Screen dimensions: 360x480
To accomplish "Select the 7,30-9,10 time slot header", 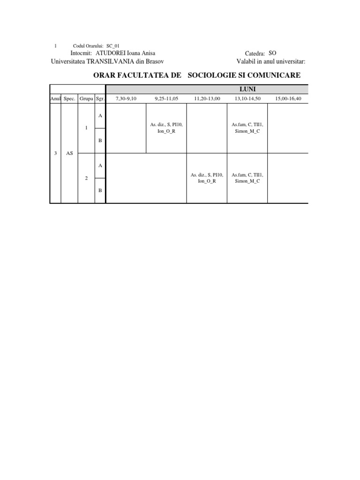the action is pyautogui.click(x=126, y=98).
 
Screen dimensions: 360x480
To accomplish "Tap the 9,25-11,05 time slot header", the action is pyautogui.click(x=166, y=98).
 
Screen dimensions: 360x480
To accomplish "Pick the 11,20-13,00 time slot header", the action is pyautogui.click(x=207, y=98).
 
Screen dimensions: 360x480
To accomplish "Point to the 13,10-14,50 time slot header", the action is pyautogui.click(x=247, y=98).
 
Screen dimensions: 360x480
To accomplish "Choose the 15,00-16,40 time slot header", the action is pyautogui.click(x=288, y=98).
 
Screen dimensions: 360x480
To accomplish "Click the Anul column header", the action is pyautogui.click(x=55, y=98).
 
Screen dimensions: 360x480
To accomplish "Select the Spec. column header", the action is pyautogui.click(x=69, y=98).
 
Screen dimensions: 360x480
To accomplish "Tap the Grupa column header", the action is pyautogui.click(x=86, y=98).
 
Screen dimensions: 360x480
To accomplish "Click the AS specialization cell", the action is pyautogui.click(x=69, y=153).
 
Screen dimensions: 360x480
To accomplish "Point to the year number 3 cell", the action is pyautogui.click(x=55, y=153).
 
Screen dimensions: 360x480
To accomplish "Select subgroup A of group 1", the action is pyautogui.click(x=100, y=115).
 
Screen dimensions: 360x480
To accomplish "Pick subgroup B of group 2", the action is pyautogui.click(x=100, y=190).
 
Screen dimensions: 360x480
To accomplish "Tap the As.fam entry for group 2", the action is pyautogui.click(x=247, y=178).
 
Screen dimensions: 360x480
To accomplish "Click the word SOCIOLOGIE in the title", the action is pyautogui.click(x=213, y=75).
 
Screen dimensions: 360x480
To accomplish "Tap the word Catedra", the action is pyautogui.click(x=255, y=54).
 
